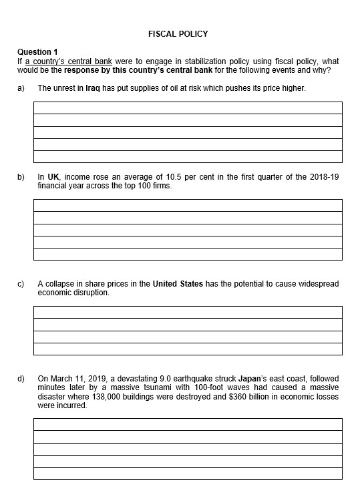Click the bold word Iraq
[x=93, y=88]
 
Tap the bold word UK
[x=53, y=177]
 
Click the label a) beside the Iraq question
[x=21, y=88]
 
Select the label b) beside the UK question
[x=21, y=177]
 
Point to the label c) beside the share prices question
[x=21, y=284]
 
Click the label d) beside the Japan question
[x=21, y=379]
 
